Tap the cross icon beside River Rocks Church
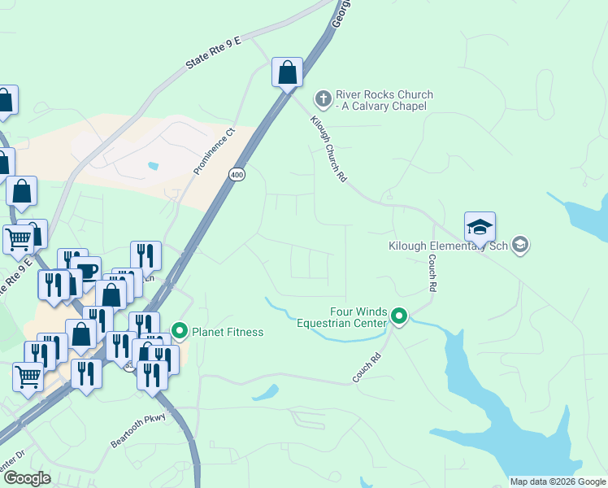pos(323,99)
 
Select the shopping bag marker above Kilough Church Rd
pos(287,72)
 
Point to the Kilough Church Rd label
pos(328,147)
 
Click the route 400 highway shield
pos(237,175)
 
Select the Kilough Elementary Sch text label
pos(448,245)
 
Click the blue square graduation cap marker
pos(480,227)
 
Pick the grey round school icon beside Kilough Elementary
pos(521,244)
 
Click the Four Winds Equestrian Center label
pos(358,317)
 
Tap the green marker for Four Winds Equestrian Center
pos(398,316)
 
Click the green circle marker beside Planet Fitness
pos(178,332)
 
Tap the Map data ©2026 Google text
pos(558,481)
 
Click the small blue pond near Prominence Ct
pos(153,167)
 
